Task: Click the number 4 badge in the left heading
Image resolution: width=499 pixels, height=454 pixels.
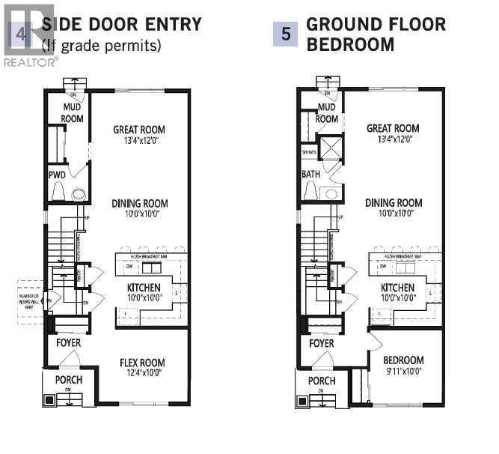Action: [x=20, y=34]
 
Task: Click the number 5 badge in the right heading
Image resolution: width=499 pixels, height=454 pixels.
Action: [x=285, y=34]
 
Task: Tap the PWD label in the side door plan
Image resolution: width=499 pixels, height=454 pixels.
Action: [x=57, y=175]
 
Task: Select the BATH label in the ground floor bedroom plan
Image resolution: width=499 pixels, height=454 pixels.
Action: [x=310, y=175]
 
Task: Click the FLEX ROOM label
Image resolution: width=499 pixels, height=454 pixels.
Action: [x=141, y=363]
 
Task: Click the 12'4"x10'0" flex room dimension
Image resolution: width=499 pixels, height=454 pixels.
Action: [x=141, y=372]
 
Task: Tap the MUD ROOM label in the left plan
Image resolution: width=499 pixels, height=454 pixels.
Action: [x=73, y=114]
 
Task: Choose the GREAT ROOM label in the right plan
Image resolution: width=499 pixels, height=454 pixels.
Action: [x=393, y=128]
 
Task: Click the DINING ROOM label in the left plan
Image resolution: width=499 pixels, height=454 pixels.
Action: [x=140, y=204]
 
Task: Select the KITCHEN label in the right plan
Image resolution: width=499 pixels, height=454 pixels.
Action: [x=397, y=288]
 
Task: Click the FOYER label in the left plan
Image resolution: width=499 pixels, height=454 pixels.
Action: [x=68, y=342]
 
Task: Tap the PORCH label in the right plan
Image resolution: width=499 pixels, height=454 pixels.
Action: [x=322, y=381]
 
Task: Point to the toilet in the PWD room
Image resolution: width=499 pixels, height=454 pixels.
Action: [x=77, y=194]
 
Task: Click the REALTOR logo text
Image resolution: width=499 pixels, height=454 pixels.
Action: [x=30, y=62]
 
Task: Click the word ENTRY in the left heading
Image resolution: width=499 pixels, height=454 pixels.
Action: [x=174, y=24]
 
